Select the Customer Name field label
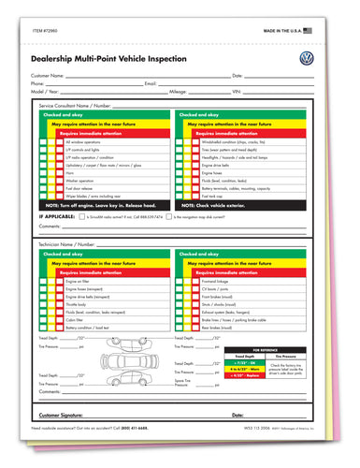coord(49,75)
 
